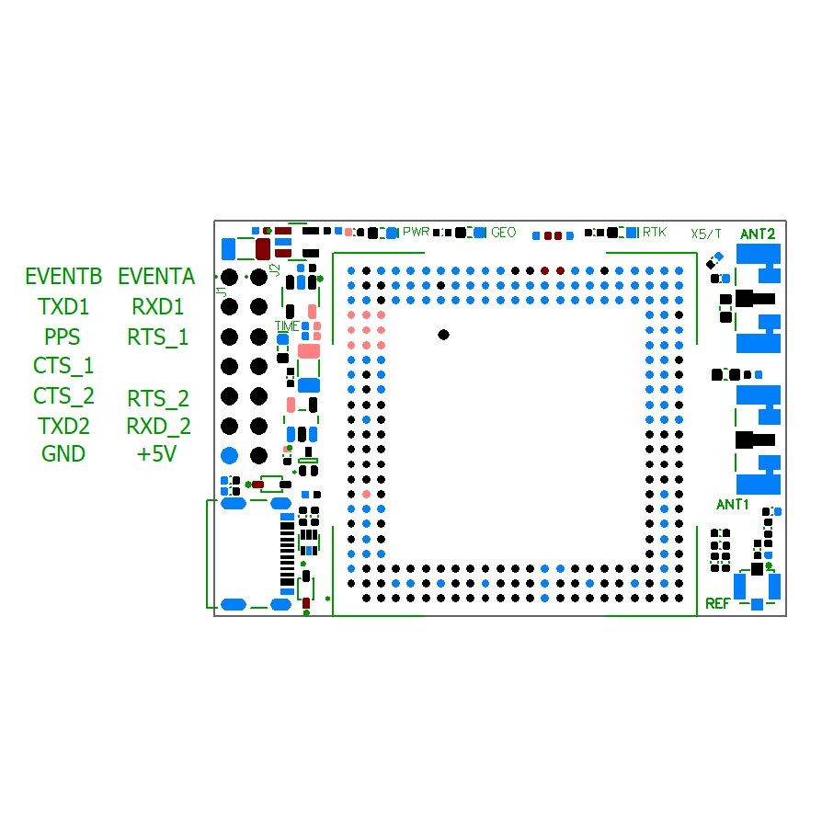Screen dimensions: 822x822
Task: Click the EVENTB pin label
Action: [x=63, y=276]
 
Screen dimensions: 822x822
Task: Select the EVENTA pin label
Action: [x=156, y=276]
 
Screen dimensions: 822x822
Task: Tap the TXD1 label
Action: [x=63, y=305]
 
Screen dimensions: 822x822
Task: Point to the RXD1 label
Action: [x=157, y=305]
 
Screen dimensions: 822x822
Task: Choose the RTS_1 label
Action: [x=157, y=337]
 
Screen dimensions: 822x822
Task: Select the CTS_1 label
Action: [x=63, y=366]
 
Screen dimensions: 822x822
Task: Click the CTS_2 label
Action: [x=63, y=396]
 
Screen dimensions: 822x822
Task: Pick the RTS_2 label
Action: [x=157, y=398]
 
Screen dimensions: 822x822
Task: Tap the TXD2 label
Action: [x=63, y=426]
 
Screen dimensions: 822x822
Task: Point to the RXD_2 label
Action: [x=158, y=426]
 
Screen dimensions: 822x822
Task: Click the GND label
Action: [x=63, y=453]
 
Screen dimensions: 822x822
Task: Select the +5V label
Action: [x=156, y=453]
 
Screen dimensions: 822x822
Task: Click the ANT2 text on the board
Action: [x=758, y=234]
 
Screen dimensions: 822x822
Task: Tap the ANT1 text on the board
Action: [x=733, y=504]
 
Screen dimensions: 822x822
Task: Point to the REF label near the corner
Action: [x=717, y=603]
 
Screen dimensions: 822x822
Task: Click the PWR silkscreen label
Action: [x=416, y=232]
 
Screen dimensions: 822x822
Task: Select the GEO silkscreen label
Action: [x=503, y=233]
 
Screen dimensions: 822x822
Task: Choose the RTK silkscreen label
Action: [x=655, y=233]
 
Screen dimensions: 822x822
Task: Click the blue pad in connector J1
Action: [x=230, y=455]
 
